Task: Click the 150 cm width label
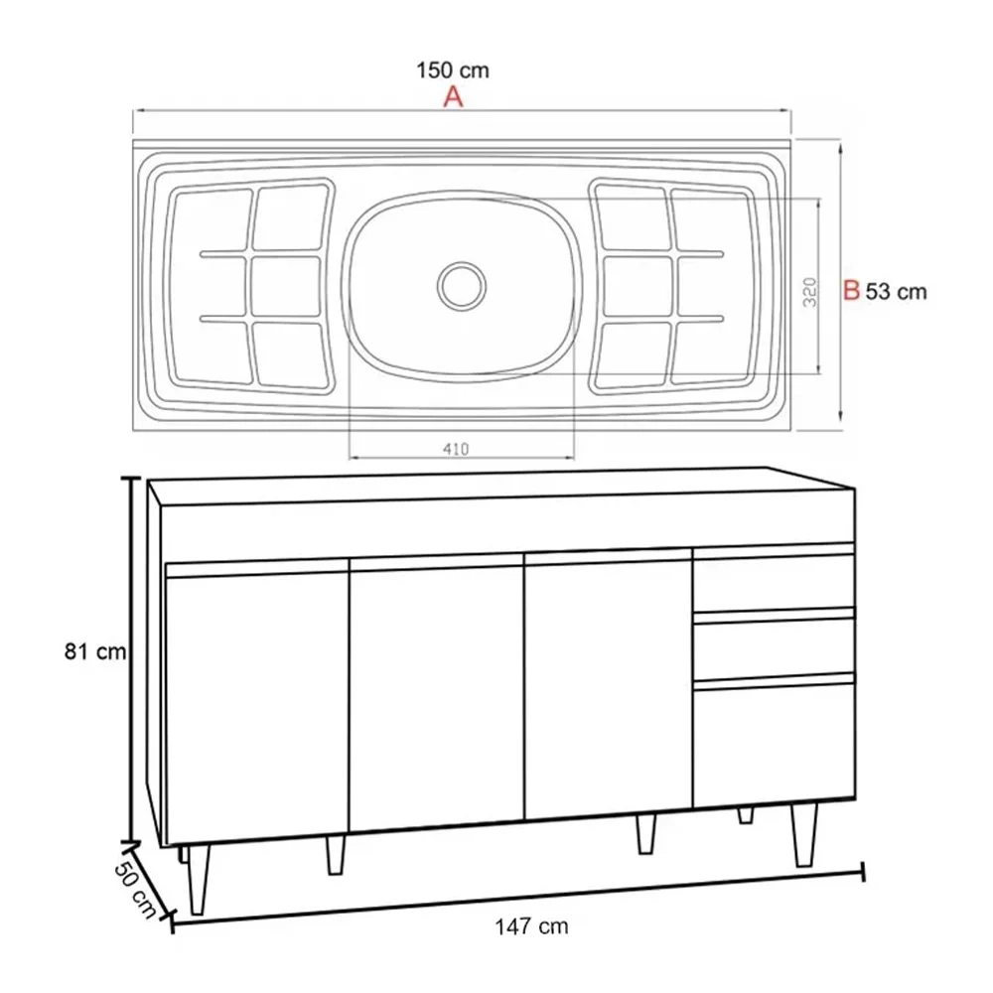click(x=452, y=71)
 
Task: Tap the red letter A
click(x=453, y=96)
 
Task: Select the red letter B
click(x=850, y=291)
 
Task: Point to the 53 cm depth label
click(x=896, y=291)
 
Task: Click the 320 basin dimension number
click(x=809, y=291)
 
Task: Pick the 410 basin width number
click(x=456, y=448)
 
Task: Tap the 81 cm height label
click(x=95, y=651)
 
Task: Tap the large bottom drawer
click(x=774, y=741)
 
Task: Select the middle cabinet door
click(x=435, y=695)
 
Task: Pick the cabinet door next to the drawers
click(x=607, y=690)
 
